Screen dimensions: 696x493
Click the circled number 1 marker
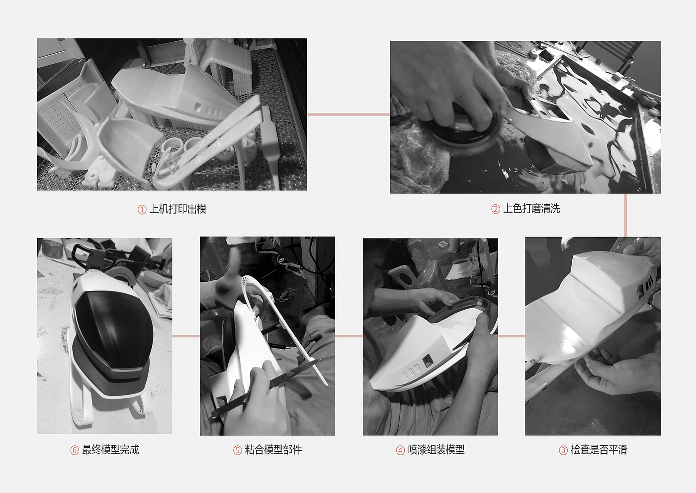tap(142, 210)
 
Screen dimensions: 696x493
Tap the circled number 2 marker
tap(496, 209)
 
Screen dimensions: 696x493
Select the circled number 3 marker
tap(563, 450)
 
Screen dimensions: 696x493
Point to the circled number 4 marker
tap(400, 450)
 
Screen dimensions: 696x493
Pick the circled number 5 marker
tap(238, 450)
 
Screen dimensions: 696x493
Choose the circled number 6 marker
tap(75, 450)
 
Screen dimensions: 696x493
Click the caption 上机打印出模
tap(178, 209)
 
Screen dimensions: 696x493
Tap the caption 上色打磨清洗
tap(531, 209)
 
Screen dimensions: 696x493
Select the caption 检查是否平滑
tap(599, 450)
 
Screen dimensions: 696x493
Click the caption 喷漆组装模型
tap(436, 450)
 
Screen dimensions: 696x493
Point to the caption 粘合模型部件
tap(273, 450)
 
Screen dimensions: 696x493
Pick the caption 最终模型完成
tap(110, 450)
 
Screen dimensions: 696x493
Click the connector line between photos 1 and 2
tap(348, 115)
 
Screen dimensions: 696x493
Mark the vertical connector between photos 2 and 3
tap(625, 215)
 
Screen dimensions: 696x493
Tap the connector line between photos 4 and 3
tap(512, 336)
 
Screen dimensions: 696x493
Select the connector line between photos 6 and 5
tap(186, 336)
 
